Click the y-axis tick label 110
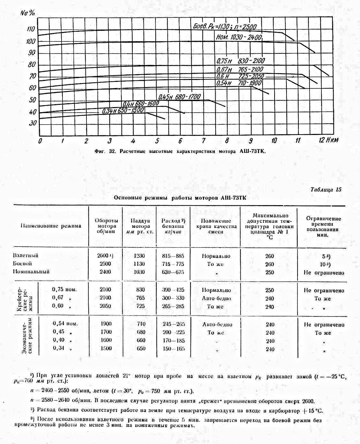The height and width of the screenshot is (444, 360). pyautogui.click(x=31, y=29)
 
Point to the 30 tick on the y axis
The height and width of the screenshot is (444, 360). pyautogui.click(x=33, y=123)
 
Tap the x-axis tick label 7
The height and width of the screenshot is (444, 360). pyautogui.click(x=203, y=141)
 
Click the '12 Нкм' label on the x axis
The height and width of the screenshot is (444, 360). pyautogui.click(x=328, y=140)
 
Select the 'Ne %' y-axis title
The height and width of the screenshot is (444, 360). pyautogui.click(x=28, y=13)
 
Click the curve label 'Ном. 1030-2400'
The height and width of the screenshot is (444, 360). pyautogui.click(x=239, y=37)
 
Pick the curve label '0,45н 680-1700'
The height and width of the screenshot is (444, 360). pyautogui.click(x=179, y=97)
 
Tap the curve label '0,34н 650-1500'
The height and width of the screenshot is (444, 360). pyautogui.click(x=123, y=111)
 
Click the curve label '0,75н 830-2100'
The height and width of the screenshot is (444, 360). pyautogui.click(x=241, y=61)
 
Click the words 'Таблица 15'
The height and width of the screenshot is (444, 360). pyautogui.click(x=326, y=190)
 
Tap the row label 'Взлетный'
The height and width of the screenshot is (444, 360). pyautogui.click(x=26, y=256)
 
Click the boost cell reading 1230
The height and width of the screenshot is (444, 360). pyautogui.click(x=139, y=256)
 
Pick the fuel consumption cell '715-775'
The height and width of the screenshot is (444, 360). pyautogui.click(x=173, y=264)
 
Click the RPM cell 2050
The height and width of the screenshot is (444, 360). pyautogui.click(x=106, y=306)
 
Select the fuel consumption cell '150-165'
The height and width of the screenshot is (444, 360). pyautogui.click(x=173, y=349)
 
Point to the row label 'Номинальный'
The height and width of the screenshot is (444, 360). pyautogui.click(x=31, y=272)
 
